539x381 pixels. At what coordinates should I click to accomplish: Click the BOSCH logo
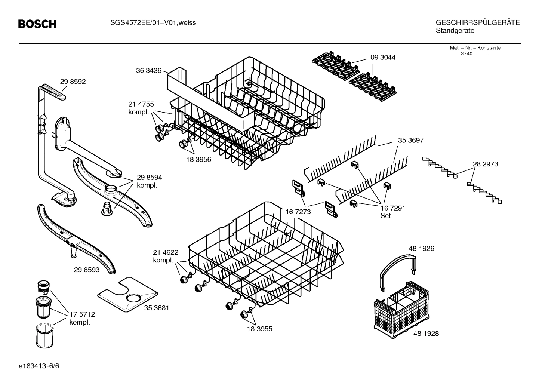click(37, 24)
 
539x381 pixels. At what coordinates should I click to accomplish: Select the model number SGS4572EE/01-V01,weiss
click(153, 23)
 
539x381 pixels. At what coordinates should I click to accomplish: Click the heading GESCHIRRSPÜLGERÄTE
click(477, 23)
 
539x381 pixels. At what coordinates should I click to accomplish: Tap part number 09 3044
click(383, 58)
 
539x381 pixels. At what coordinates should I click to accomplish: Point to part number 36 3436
click(148, 70)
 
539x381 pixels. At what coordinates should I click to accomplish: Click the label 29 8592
click(73, 82)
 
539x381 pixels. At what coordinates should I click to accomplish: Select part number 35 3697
click(411, 140)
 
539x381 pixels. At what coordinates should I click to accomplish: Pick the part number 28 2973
click(485, 164)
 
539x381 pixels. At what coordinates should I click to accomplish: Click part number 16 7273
click(298, 212)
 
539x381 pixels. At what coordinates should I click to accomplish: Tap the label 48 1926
click(421, 248)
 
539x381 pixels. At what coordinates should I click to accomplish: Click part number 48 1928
click(426, 333)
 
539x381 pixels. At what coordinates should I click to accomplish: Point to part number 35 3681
click(157, 308)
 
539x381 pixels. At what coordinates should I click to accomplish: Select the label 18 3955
click(259, 329)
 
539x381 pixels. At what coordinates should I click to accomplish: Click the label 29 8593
click(87, 269)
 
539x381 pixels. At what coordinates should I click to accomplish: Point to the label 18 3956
click(198, 159)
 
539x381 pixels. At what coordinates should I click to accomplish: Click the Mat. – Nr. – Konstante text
click(475, 48)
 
